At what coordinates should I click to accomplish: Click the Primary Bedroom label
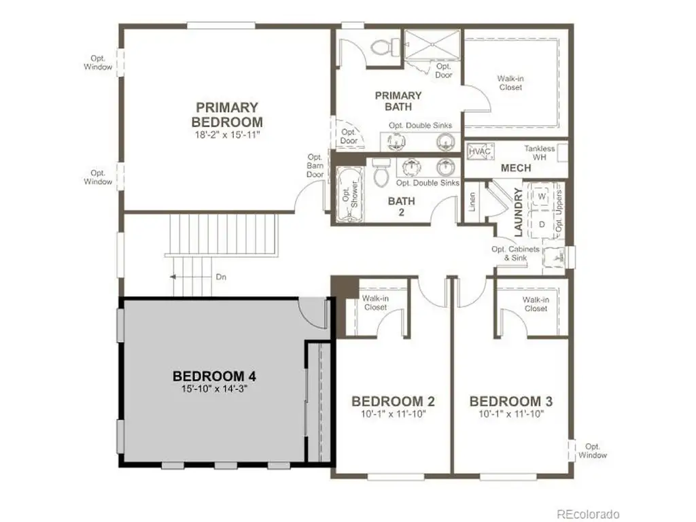(x=227, y=114)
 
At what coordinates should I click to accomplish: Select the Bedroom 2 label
(x=393, y=401)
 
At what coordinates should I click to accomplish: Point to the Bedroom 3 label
(x=511, y=401)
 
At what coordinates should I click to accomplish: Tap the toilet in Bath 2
(x=381, y=172)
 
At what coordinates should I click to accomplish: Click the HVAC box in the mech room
(x=480, y=152)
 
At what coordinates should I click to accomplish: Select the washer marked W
(x=542, y=196)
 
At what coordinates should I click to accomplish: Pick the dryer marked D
(x=542, y=224)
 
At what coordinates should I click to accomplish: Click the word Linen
(x=472, y=201)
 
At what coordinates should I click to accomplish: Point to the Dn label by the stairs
(x=221, y=277)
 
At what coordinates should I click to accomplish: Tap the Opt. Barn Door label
(x=315, y=166)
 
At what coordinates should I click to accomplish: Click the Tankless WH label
(x=539, y=153)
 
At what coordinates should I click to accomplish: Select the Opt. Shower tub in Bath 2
(x=350, y=194)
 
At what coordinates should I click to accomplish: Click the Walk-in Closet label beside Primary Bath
(x=511, y=83)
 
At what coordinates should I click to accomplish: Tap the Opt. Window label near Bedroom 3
(x=593, y=451)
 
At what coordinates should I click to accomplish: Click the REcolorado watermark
(x=588, y=514)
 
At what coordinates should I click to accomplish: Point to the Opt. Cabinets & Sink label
(x=515, y=254)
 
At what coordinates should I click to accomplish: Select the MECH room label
(x=516, y=169)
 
